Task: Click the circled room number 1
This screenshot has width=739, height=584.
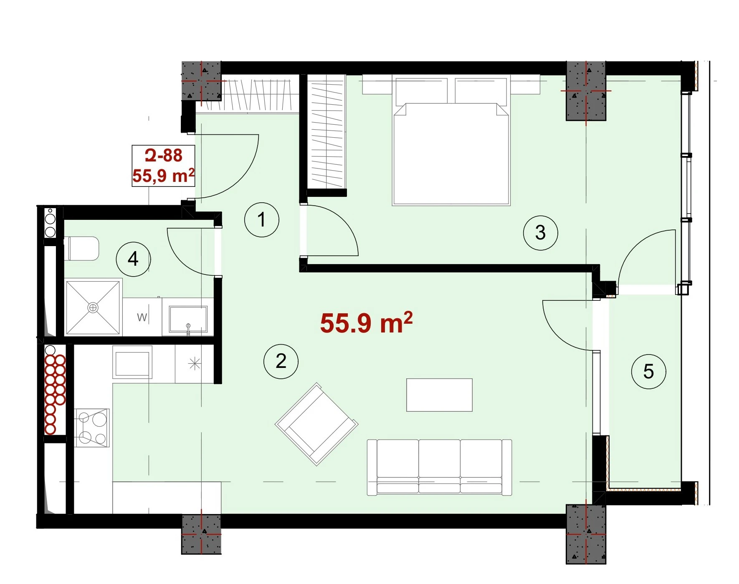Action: click(262, 220)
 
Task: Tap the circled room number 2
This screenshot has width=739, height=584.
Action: click(281, 361)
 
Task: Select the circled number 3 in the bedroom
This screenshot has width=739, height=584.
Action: click(541, 233)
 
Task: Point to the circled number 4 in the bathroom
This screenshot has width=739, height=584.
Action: click(133, 259)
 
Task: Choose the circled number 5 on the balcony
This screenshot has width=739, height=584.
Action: click(648, 371)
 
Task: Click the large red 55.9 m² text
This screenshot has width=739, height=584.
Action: click(367, 323)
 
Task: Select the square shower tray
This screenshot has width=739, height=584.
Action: click(93, 308)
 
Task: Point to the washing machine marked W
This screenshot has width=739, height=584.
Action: click(142, 317)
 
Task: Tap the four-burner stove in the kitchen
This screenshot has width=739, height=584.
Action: click(92, 428)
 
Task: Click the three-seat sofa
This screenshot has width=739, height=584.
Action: click(439, 467)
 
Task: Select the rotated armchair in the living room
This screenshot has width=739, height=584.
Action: click(316, 424)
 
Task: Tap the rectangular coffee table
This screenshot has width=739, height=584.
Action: click(439, 395)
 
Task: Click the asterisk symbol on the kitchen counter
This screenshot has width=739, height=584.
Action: click(195, 364)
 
